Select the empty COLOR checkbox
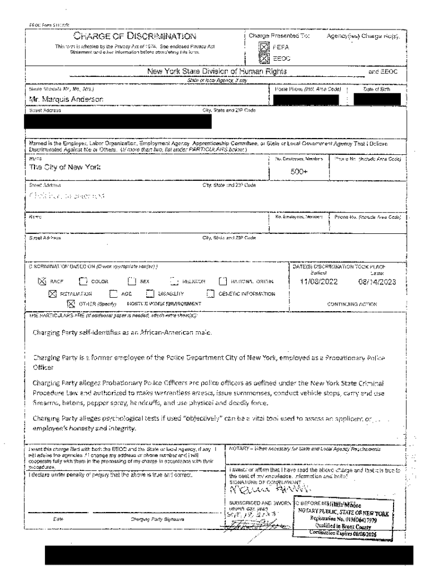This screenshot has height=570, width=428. (x=84, y=282)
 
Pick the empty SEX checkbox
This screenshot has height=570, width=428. (x=133, y=282)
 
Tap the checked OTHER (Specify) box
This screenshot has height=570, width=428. (x=71, y=303)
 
